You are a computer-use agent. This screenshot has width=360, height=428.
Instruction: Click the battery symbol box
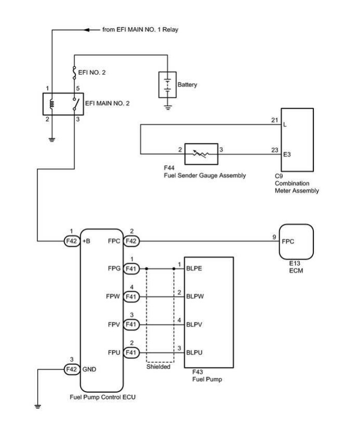point(167,84)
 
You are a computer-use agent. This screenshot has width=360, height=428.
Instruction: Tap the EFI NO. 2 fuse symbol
point(74,73)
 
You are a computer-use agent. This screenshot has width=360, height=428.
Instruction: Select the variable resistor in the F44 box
point(201,154)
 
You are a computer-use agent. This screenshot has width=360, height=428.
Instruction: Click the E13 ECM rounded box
point(296,241)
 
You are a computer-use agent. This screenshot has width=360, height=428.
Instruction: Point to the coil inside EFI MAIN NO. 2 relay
point(52,104)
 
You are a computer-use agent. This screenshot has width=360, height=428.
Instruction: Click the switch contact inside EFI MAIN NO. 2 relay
point(76,104)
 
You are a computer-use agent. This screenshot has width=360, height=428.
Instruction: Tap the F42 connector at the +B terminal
point(72,241)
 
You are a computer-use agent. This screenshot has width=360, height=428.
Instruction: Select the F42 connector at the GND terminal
point(72,369)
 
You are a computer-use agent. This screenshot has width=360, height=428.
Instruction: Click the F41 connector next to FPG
point(131,268)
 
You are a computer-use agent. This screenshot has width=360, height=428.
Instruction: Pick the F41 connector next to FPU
point(131,352)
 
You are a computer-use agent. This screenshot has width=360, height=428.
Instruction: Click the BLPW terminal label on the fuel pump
point(195,296)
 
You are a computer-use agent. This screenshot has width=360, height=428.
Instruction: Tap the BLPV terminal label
point(194,324)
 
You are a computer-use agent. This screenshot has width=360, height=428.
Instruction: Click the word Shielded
point(158,366)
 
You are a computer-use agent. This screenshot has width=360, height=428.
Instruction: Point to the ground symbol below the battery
point(168,108)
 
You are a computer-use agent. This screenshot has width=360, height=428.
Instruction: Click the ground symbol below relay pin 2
point(52,140)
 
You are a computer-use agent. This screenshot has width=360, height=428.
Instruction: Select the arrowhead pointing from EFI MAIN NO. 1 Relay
point(87,30)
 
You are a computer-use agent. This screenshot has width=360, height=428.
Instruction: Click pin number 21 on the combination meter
point(274,120)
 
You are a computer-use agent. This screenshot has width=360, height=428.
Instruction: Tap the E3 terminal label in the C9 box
point(287,154)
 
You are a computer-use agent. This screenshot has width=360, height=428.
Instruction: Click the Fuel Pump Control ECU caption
point(103,397)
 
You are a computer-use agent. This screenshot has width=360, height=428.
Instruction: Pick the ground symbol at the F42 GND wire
point(38,406)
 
